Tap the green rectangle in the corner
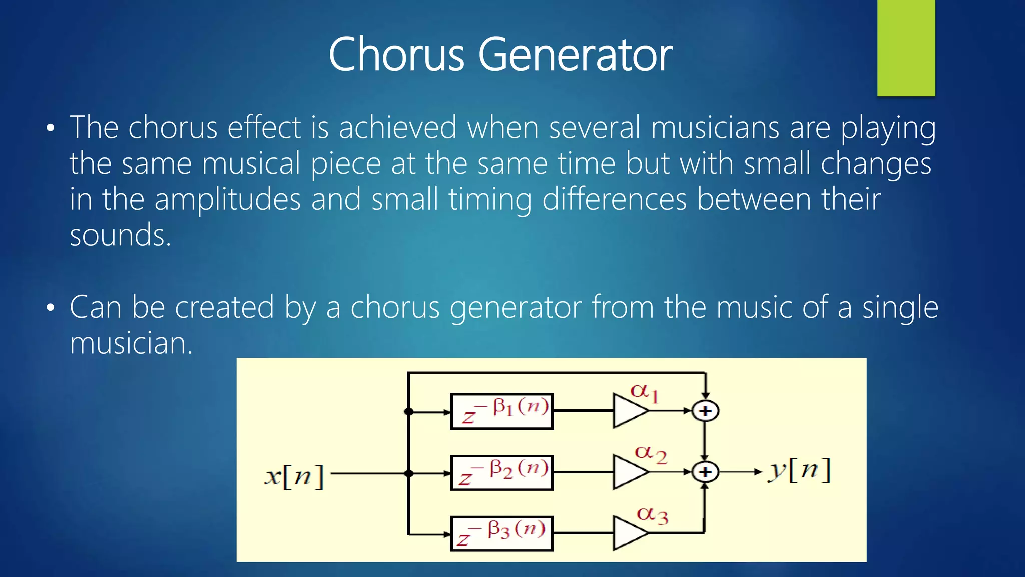(906, 48)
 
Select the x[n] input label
(294, 475)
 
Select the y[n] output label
(799, 471)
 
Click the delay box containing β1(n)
(501, 411)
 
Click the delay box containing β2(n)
(501, 472)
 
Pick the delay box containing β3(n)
(501, 533)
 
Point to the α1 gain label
(644, 392)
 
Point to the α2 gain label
(650, 454)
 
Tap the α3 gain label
(652, 515)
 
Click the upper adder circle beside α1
(705, 411)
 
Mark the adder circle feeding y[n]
(705, 472)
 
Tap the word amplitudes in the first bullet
(227, 199)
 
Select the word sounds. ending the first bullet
(120, 235)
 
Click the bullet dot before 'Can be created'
(50, 308)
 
